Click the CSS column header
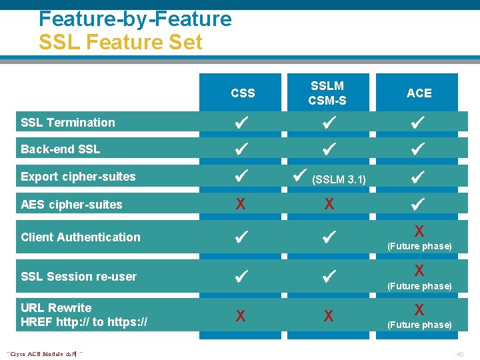(243, 93)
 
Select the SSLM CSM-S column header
(327, 93)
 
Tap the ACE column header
(419, 93)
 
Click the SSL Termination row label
(68, 123)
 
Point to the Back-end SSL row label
(61, 149)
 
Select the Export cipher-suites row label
(78, 177)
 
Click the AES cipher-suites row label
(71, 205)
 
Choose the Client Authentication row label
(81, 237)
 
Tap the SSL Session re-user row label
(79, 277)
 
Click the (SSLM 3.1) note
(339, 179)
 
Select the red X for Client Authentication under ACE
(419, 231)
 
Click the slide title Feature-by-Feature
(135, 19)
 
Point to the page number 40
(459, 354)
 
